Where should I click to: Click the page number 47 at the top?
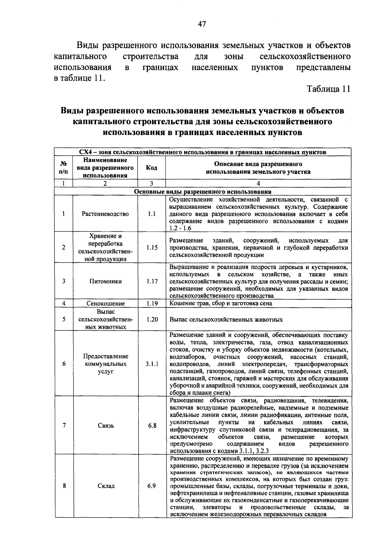point(202,24)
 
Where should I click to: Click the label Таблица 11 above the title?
point(328,89)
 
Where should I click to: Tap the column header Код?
point(151,168)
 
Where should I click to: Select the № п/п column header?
point(64,168)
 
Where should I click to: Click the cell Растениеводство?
point(105,214)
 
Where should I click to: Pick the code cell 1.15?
point(152,248)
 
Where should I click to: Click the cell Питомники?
point(105,281)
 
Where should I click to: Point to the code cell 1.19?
point(152,304)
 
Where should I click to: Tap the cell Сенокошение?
point(106,304)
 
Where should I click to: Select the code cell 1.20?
point(152,319)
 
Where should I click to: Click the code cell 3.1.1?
point(152,364)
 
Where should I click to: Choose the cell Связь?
point(106,426)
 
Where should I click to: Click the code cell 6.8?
point(152,426)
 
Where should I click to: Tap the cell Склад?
point(106,486)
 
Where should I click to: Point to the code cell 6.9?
point(152,486)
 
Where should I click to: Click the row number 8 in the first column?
point(64,486)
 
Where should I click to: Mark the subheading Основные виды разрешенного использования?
point(203,192)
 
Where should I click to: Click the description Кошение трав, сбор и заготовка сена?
point(221,304)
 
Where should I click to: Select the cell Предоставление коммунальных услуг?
point(106,364)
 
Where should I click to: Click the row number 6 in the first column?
point(64,364)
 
